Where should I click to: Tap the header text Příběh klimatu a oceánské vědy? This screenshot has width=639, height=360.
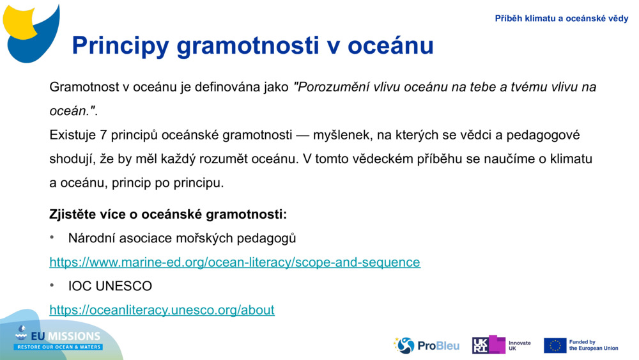click(561, 19)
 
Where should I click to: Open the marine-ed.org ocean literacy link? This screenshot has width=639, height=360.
click(235, 262)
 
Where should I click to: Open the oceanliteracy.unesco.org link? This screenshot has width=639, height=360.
click(162, 310)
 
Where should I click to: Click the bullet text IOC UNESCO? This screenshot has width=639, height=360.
click(110, 286)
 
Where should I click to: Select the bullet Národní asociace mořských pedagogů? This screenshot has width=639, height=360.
click(181, 239)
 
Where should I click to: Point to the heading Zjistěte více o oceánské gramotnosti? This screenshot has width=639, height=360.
click(168, 214)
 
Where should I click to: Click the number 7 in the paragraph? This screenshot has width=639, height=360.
click(104, 135)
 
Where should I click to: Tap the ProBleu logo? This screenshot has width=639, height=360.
click(426, 345)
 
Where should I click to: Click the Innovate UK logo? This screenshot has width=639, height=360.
click(502, 345)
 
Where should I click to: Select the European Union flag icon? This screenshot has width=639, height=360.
click(555, 345)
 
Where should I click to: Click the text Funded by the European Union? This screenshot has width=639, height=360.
click(593, 345)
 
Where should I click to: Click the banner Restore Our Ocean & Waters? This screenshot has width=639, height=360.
click(59, 347)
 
